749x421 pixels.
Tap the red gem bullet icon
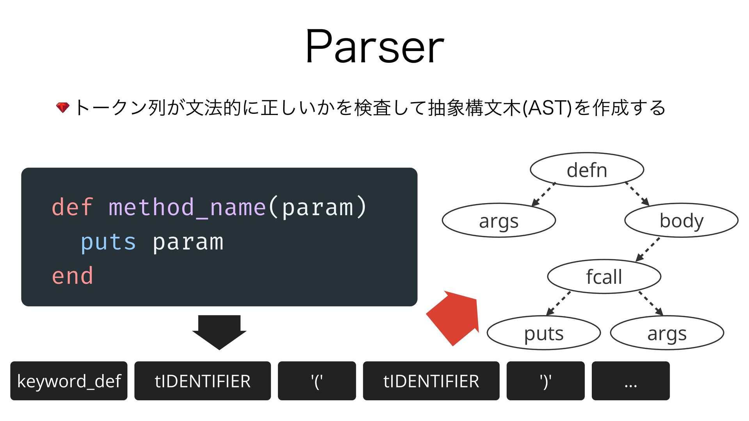click(62, 107)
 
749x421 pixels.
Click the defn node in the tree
click(587, 170)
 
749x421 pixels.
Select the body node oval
click(681, 220)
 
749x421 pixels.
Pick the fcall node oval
click(604, 276)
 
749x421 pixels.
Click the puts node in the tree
click(543, 333)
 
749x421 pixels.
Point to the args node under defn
click(499, 221)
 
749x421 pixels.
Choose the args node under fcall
click(667, 333)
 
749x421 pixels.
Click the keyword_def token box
click(69, 381)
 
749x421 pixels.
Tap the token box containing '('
click(317, 381)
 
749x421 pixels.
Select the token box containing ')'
click(545, 381)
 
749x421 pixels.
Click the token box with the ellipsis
click(630, 381)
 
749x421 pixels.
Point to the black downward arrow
click(219, 331)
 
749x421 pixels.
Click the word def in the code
click(73, 207)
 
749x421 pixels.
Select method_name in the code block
click(187, 207)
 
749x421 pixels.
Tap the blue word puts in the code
click(108, 242)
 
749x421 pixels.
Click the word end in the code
click(73, 276)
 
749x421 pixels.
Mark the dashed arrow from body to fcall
click(648, 249)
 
